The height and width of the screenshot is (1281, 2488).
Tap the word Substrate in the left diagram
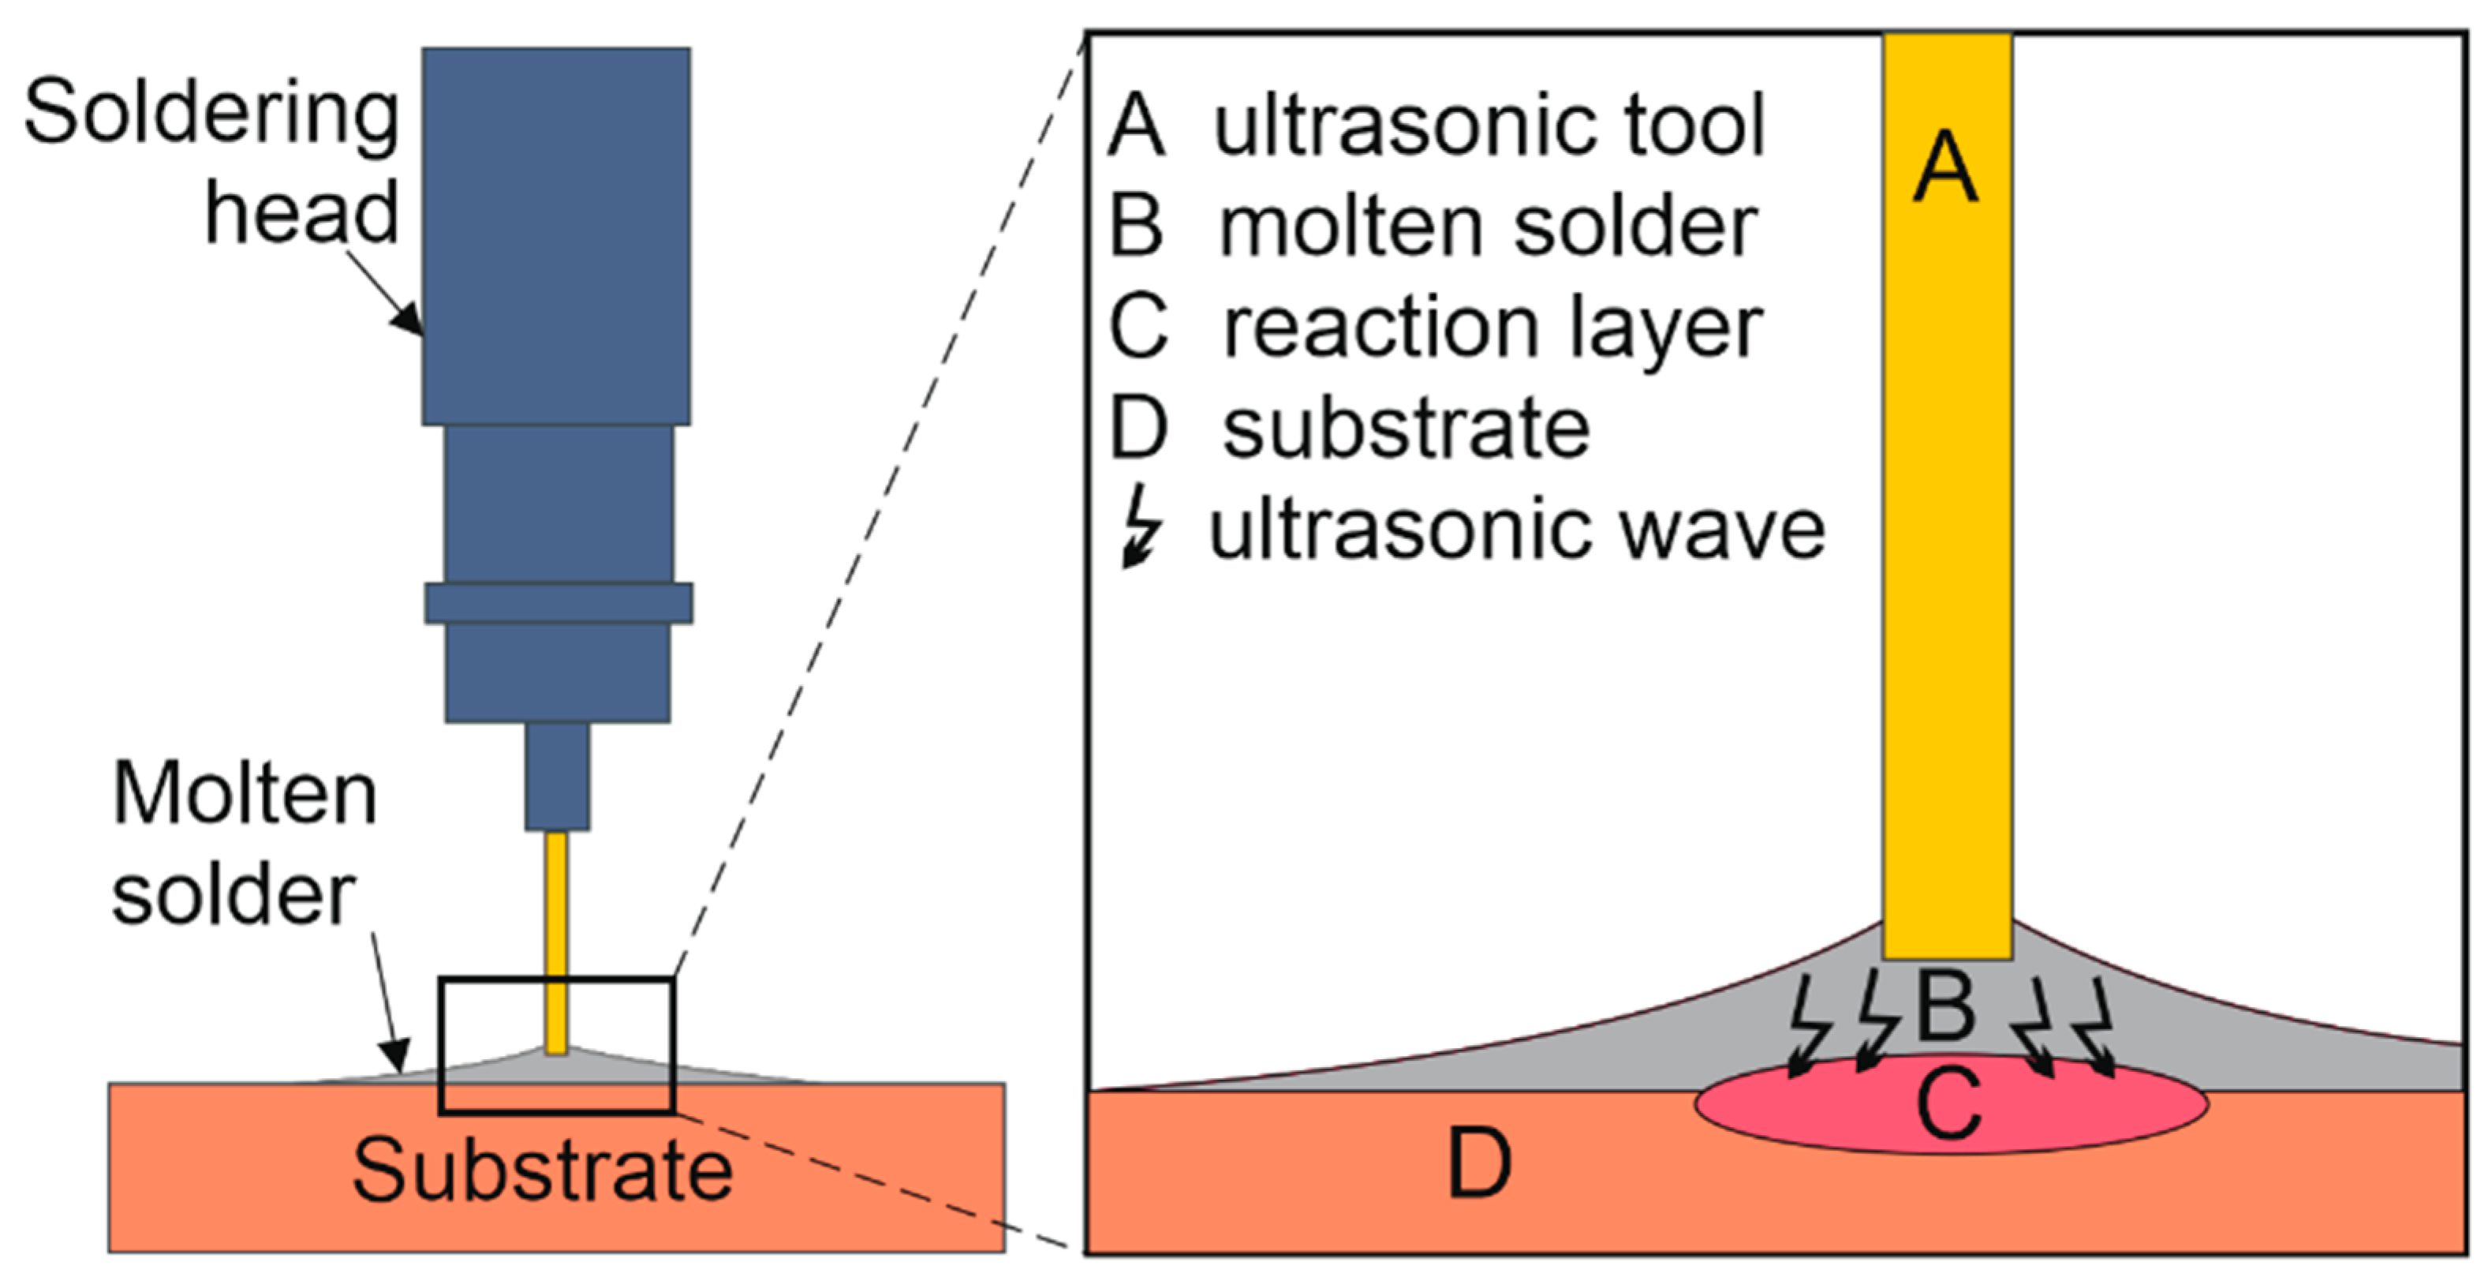pos(542,1171)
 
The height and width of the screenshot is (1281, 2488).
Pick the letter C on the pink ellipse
pos(1948,1104)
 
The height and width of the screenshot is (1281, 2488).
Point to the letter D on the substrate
pos(1479,1164)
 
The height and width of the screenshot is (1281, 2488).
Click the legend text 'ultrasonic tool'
pos(1489,125)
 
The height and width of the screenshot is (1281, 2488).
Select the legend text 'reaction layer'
pos(1492,328)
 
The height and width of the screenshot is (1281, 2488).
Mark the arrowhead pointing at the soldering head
pos(409,319)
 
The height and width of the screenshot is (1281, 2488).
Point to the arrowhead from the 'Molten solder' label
pos(396,1055)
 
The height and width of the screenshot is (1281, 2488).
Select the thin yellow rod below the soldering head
pos(556,942)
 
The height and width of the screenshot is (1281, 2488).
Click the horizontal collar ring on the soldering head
pos(558,603)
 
